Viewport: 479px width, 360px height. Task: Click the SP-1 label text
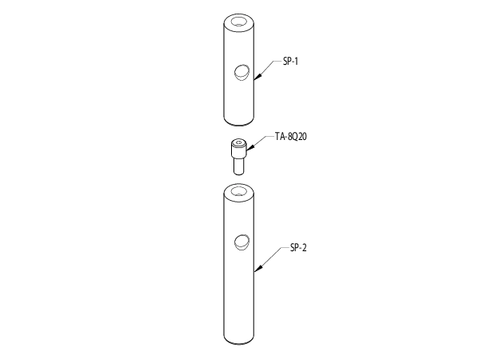point(290,62)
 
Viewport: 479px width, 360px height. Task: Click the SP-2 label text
point(298,248)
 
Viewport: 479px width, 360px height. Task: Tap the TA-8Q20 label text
point(290,136)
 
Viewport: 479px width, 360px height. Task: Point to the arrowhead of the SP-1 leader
point(258,77)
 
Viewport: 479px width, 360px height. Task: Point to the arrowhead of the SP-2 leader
point(258,268)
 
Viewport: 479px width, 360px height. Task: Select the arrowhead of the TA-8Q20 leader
point(249,148)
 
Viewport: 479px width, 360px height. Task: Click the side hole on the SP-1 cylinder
point(241,73)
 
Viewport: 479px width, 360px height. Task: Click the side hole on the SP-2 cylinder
point(241,243)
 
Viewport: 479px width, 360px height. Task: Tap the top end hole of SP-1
point(239,22)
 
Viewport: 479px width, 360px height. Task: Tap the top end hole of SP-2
point(239,192)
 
